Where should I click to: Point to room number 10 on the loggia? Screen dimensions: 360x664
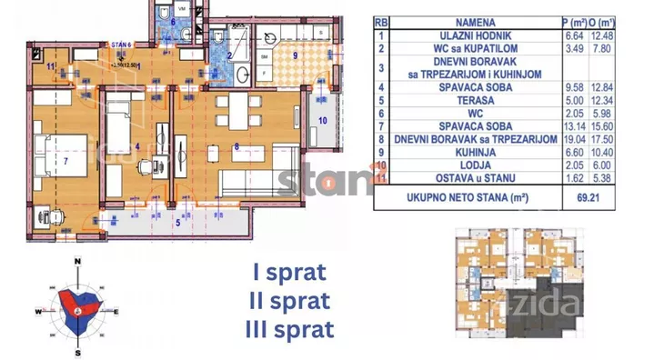(x=322, y=119)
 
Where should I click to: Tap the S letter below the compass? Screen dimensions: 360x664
(x=79, y=351)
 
